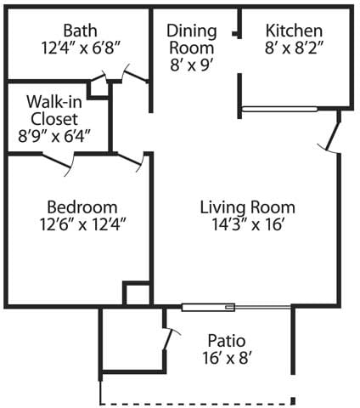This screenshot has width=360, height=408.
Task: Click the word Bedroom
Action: pos(82,207)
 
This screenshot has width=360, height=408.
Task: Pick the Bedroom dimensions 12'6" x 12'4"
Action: pos(82,225)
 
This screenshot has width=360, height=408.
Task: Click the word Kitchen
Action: pos(294,28)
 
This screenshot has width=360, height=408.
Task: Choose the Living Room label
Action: pos(247,207)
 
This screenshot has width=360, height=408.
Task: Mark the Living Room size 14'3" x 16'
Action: pos(247,225)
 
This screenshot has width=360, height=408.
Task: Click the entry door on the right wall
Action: pos(332,136)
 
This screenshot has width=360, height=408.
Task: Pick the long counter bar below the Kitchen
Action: pos(279,109)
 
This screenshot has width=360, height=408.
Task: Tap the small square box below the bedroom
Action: pos(137,294)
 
